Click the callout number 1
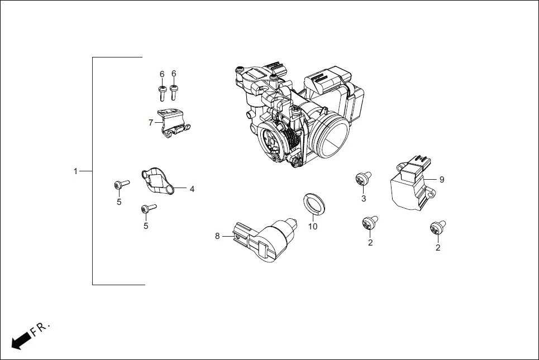point(75,171)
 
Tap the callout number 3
point(363,199)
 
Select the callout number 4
point(192,189)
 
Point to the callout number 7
point(150,122)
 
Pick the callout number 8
point(217,236)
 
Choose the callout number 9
point(441,179)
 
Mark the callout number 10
point(313,226)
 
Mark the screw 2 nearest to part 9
point(437,227)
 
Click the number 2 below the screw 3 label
point(370,242)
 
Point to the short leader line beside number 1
point(85,171)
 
